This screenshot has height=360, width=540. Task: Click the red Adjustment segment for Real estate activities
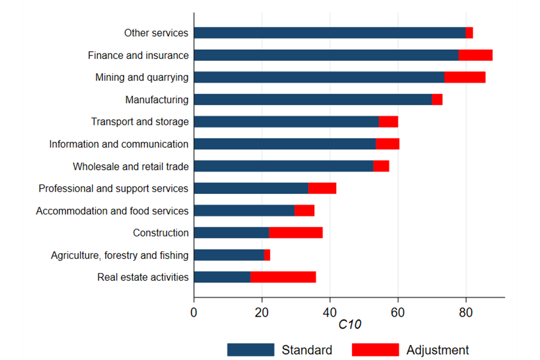283,277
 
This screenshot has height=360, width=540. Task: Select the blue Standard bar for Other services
330,33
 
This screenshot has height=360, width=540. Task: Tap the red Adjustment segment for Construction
295,232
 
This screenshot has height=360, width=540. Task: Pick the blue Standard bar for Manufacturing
313,100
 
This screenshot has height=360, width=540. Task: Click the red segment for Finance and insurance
475,55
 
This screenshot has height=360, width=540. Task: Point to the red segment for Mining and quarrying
465,77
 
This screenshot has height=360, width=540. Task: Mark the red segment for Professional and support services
322,188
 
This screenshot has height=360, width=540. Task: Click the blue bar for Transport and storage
286,121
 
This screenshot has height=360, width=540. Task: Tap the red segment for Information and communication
387,144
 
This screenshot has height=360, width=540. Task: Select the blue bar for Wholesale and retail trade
283,166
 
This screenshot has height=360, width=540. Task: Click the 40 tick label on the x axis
330,310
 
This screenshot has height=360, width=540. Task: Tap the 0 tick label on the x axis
194,310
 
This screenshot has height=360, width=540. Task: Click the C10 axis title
349,325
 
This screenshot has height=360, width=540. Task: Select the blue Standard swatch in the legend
250,349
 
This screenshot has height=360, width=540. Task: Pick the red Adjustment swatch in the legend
375,349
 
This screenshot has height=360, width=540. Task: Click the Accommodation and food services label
112,210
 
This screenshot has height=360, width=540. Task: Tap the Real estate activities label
143,277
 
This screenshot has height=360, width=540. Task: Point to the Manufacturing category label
157,100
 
